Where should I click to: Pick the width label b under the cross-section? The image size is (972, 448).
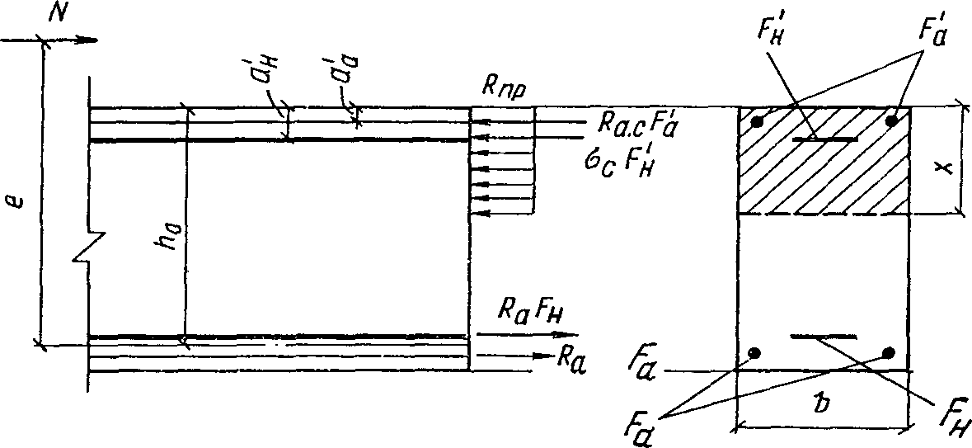pos(820,410)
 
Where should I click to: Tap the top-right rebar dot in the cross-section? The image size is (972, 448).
pos(890,120)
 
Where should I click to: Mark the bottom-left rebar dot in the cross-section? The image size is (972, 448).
pos(754,353)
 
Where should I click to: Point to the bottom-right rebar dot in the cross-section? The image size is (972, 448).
pos(888,353)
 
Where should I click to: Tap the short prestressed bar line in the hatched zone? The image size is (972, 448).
pos(824,139)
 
